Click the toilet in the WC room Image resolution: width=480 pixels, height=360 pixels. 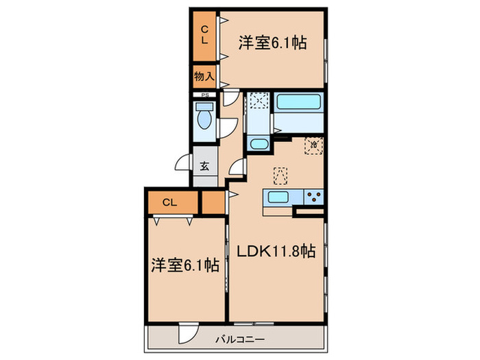point(203,119)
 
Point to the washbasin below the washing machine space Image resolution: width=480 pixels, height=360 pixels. point(259,145)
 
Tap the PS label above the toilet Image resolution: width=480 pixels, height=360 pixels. point(204,95)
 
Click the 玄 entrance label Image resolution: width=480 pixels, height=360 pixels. point(205,165)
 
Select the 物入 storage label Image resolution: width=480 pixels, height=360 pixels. point(204,75)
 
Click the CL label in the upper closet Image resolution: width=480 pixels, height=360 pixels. point(204,34)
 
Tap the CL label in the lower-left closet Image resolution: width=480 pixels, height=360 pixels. point(171,202)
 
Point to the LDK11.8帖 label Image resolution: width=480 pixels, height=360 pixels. point(276,252)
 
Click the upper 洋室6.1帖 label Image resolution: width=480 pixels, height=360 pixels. point(272,43)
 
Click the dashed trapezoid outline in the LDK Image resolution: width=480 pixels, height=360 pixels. point(279,176)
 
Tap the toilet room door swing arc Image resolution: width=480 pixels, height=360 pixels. point(228,129)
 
